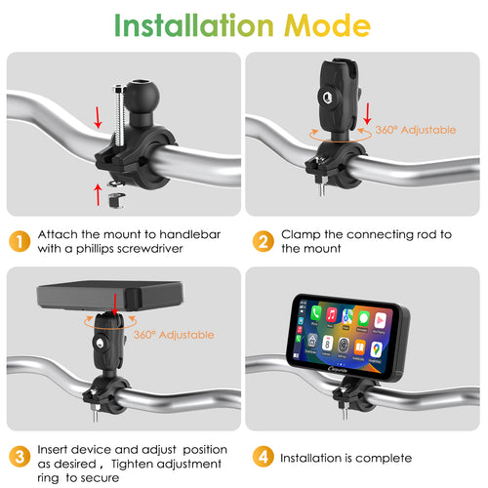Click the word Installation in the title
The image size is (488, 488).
point(194,25)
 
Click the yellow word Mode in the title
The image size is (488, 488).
point(327,25)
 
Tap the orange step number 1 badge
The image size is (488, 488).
point(20,241)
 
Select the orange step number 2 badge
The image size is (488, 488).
point(264,241)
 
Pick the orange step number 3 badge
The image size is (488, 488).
point(20,457)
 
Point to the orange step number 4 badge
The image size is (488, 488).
point(264,457)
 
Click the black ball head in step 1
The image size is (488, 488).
point(142,95)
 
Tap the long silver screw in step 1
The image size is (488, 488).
point(119,115)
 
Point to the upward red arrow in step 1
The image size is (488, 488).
point(98,194)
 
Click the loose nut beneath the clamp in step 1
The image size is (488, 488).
point(116,200)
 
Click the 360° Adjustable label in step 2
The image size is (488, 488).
point(416,130)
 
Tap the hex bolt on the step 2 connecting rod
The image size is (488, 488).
point(326,97)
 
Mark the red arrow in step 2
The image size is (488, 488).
point(367,113)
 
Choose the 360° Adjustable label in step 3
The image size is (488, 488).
point(174,335)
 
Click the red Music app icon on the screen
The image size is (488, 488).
point(332,315)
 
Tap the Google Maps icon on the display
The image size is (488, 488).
point(376,349)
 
